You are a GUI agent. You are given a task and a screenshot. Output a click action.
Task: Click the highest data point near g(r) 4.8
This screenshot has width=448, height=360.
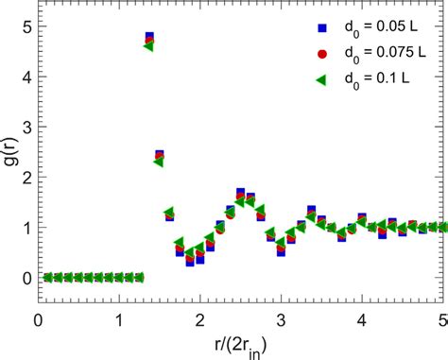point(149,38)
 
